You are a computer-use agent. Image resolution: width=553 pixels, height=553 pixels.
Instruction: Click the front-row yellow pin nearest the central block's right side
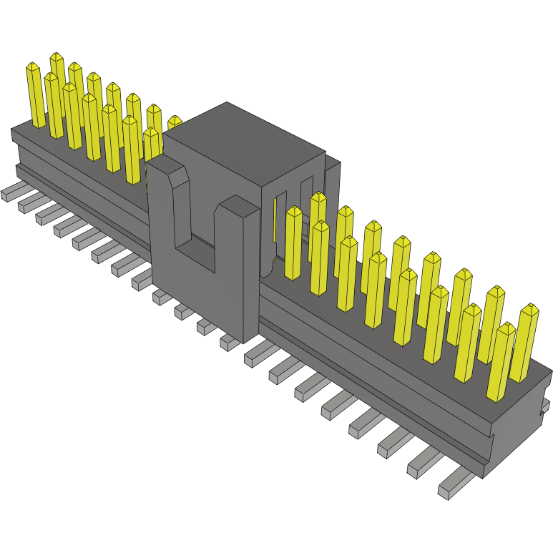[x=293, y=243]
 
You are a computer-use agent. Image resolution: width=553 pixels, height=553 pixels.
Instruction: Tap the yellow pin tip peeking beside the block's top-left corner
[x=174, y=122]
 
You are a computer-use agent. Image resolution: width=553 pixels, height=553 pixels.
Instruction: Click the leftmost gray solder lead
[x=11, y=191]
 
